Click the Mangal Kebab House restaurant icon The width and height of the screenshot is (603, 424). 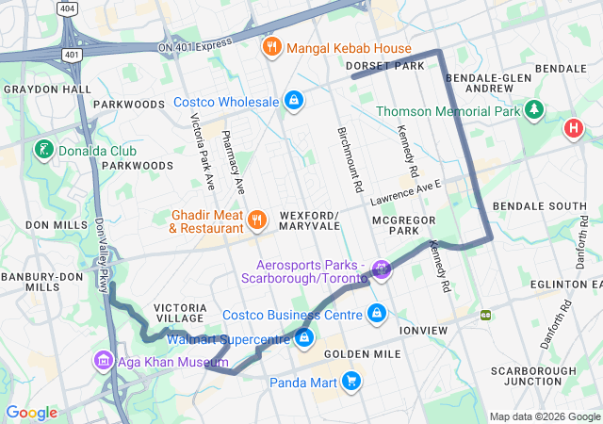(x=271, y=48)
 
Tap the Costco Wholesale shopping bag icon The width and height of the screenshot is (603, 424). (x=294, y=101)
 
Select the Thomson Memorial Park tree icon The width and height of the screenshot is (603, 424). (x=536, y=111)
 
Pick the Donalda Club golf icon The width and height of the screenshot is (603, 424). (x=43, y=151)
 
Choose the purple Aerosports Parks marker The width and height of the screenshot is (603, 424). (x=382, y=271)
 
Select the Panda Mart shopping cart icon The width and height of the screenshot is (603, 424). (x=351, y=382)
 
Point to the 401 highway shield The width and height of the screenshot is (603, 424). (x=72, y=55)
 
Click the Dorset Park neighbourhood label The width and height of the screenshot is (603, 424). (x=386, y=65)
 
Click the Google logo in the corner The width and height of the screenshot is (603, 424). (x=31, y=412)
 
